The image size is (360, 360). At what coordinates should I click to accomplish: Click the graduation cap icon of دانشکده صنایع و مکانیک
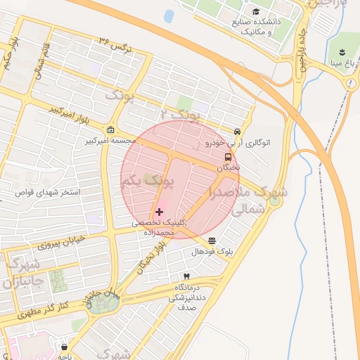256,12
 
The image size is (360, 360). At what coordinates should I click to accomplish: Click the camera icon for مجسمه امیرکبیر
111,130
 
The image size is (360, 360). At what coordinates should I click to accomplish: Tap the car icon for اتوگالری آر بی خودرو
238,131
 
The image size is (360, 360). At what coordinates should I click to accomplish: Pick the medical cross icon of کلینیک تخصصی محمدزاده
159,211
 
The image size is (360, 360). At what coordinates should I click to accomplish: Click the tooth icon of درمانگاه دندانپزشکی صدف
186,276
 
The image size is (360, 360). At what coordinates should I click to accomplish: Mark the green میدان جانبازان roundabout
103,302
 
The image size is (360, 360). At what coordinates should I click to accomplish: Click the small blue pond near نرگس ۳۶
169,15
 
